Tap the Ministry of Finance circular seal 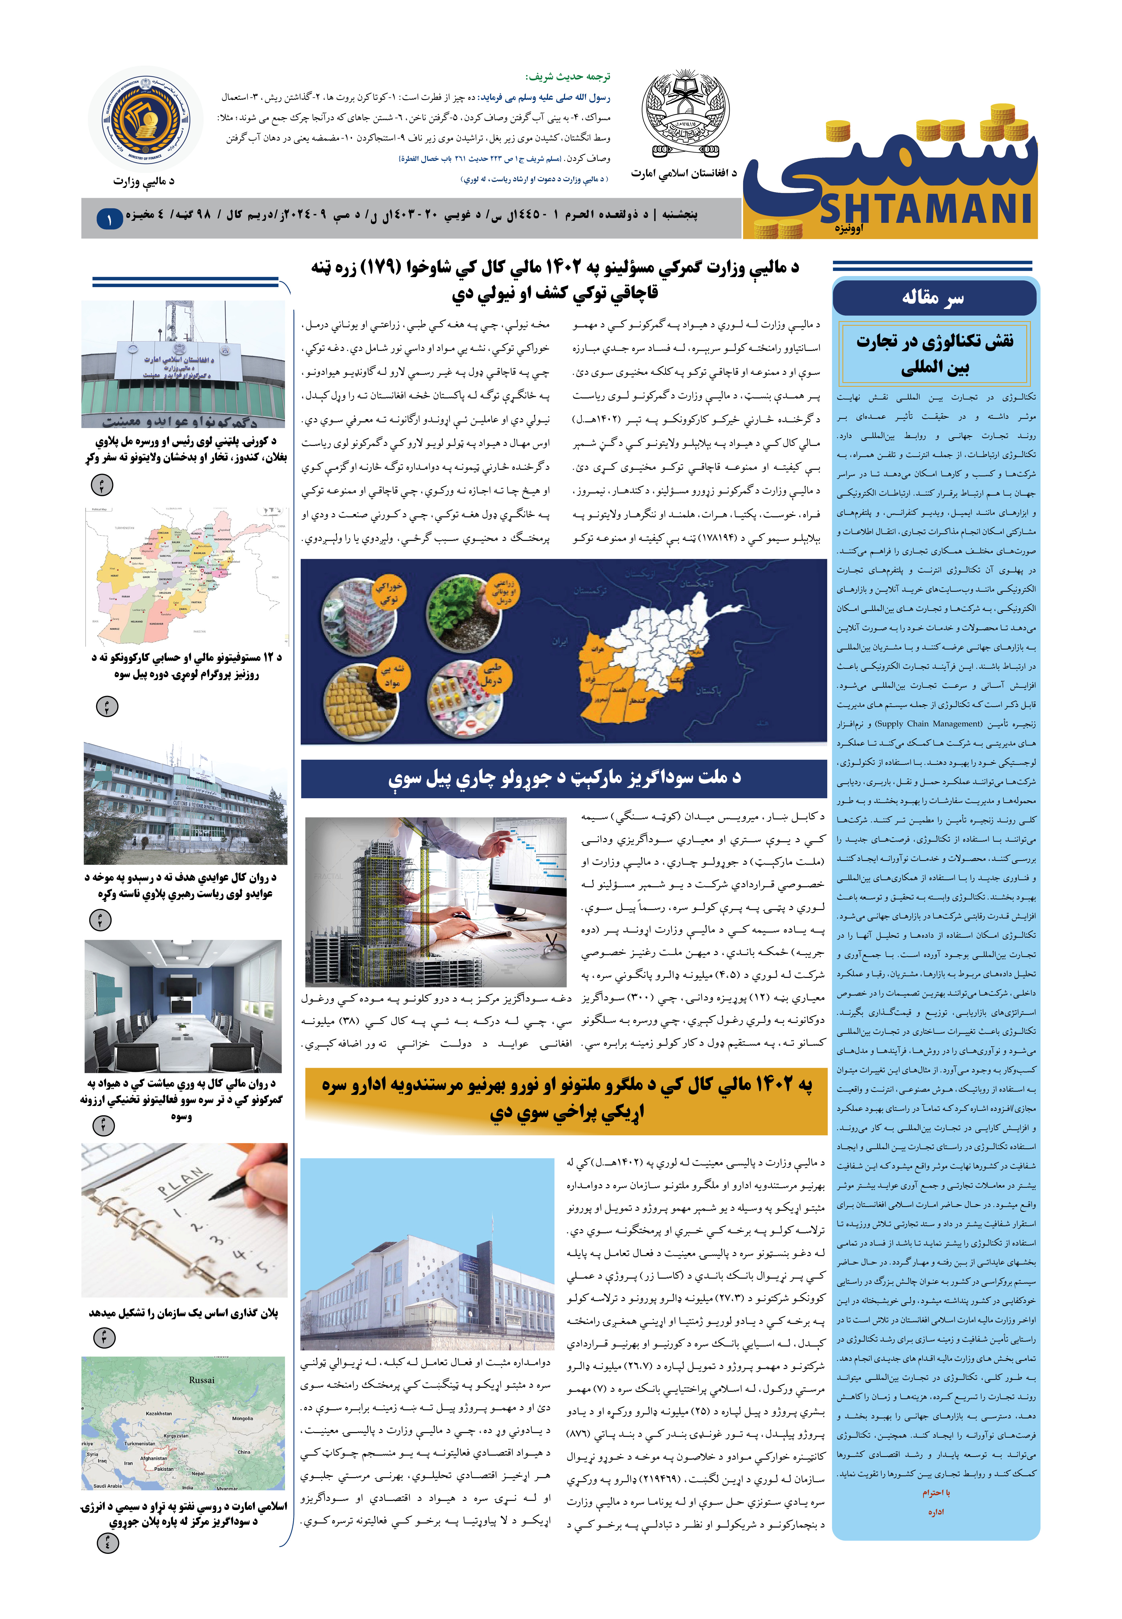point(145,119)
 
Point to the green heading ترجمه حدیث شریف point(568,77)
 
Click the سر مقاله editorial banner point(934,298)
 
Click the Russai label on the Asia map point(202,1379)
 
